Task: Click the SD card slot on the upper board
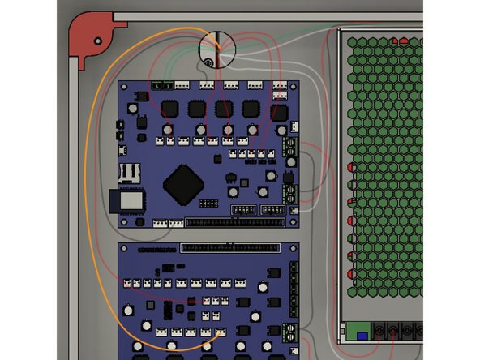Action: (131, 173)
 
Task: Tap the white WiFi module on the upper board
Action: (131, 200)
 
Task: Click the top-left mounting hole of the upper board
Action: (124, 86)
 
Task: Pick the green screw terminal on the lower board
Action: (292, 331)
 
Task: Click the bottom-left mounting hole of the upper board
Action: (124, 221)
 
